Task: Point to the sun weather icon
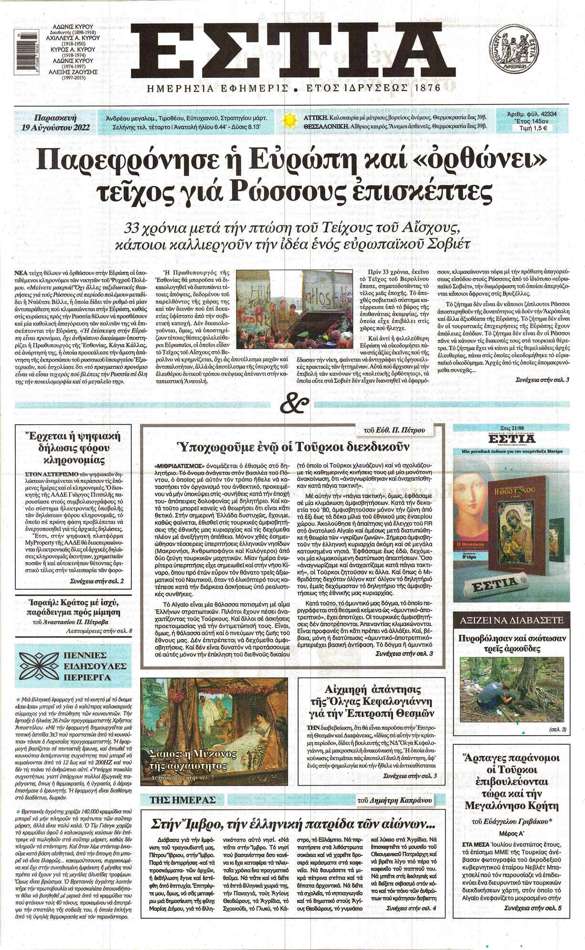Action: pos(289,121)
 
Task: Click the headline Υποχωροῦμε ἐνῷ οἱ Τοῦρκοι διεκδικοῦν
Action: pos(292,447)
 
